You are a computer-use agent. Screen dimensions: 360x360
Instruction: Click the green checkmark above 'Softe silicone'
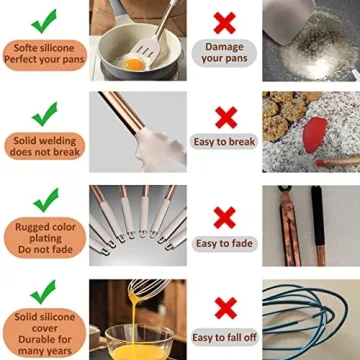44,20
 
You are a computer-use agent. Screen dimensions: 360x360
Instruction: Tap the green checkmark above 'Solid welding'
44,112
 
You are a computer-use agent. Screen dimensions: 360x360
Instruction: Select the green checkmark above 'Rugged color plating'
44,200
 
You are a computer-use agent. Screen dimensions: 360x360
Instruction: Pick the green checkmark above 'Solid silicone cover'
44,291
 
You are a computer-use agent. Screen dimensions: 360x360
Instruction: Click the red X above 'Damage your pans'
224,20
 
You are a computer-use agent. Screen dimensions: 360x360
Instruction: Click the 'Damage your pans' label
224,53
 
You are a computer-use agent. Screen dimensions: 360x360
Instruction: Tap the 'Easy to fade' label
224,243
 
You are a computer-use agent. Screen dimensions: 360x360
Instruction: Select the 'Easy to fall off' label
224,337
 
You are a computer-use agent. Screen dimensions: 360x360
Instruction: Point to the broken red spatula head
314,130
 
